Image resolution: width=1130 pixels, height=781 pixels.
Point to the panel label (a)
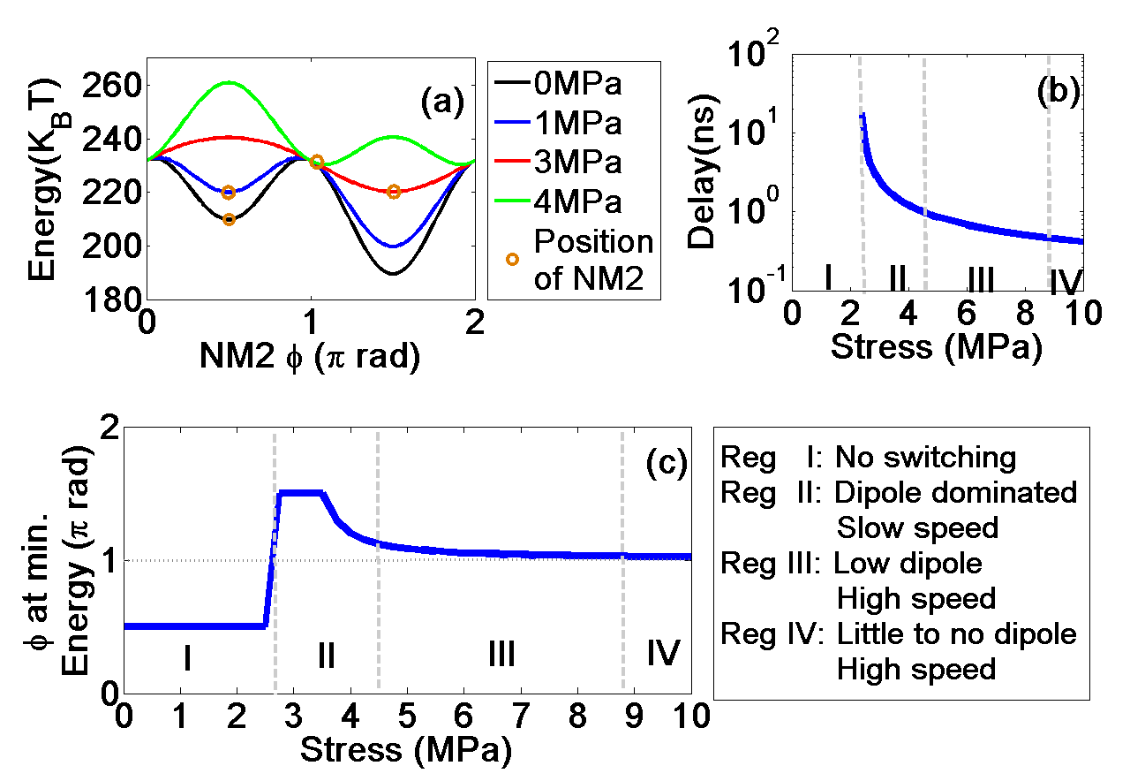click(441, 103)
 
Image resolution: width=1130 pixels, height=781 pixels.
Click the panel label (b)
click(1058, 92)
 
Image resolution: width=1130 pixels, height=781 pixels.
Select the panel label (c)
click(666, 463)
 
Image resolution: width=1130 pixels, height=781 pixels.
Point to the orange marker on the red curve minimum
click(394, 192)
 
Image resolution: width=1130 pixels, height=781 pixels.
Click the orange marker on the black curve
click(229, 219)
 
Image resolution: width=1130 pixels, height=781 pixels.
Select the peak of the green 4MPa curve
click(229, 82)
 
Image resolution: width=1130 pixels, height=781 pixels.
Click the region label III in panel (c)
click(501, 655)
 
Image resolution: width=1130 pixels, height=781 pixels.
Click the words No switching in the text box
click(925, 458)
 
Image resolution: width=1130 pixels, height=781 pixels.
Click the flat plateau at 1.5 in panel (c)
click(300, 493)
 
